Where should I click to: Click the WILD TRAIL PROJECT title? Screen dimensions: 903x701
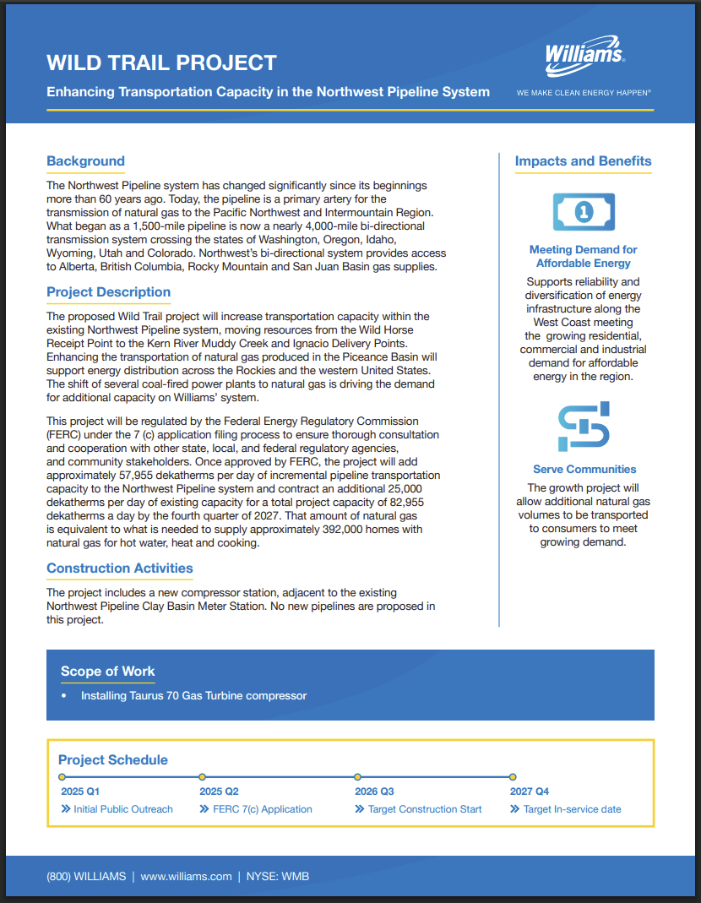(x=161, y=63)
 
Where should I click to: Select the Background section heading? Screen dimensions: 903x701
(x=85, y=161)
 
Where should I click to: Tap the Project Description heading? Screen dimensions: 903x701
(x=108, y=292)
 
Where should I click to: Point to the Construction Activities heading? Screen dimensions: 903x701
(x=119, y=568)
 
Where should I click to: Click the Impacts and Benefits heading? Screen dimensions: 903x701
(x=583, y=161)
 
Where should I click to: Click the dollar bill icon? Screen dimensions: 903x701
(x=583, y=212)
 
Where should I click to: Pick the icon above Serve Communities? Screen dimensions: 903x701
(x=584, y=427)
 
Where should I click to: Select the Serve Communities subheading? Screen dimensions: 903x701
(x=584, y=469)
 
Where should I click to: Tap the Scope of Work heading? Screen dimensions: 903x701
(x=107, y=672)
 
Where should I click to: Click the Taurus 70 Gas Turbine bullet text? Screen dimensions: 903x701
(x=193, y=696)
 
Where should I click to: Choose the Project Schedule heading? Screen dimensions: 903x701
(x=113, y=759)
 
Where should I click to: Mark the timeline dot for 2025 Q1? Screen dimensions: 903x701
(x=62, y=776)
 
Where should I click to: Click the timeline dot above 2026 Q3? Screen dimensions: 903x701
(x=358, y=776)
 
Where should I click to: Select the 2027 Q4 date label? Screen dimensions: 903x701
(x=530, y=791)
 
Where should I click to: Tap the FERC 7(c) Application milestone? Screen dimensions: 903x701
(x=262, y=809)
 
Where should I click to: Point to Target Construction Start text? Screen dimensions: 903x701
(x=424, y=809)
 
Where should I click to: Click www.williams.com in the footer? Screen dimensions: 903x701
(x=186, y=876)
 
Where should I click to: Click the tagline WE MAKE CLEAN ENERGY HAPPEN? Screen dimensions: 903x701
(x=584, y=92)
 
